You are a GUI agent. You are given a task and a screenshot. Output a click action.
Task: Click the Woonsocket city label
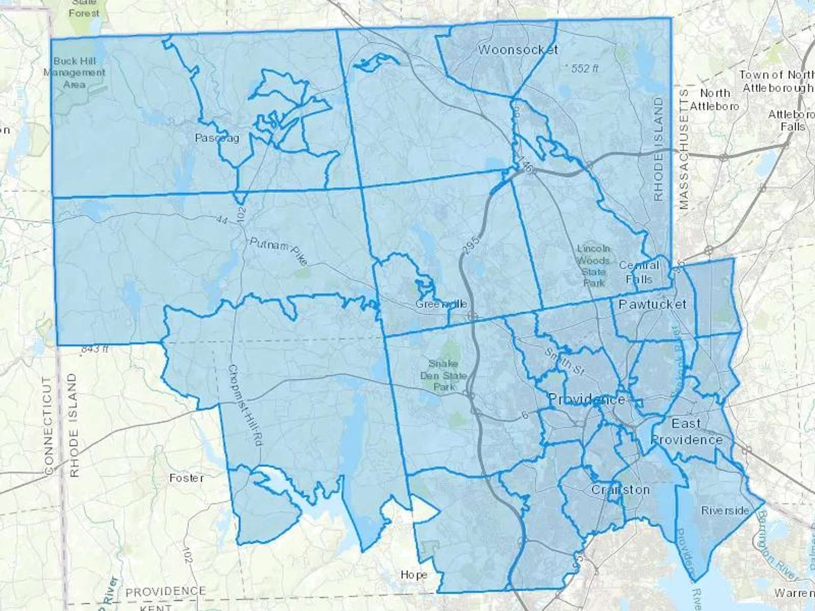pyautogui.click(x=518, y=49)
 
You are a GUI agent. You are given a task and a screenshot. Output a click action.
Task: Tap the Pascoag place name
pyautogui.click(x=217, y=138)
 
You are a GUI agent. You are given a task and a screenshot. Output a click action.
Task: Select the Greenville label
pyautogui.click(x=441, y=304)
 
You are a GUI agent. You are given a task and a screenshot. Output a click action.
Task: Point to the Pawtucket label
pyautogui.click(x=652, y=304)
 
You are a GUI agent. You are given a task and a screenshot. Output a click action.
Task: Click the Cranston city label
pyautogui.click(x=620, y=490)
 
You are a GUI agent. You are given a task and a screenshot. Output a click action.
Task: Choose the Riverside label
pyautogui.click(x=725, y=511)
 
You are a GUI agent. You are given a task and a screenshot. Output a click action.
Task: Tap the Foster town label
pyautogui.click(x=186, y=478)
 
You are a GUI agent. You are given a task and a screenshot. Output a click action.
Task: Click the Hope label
pyautogui.click(x=413, y=575)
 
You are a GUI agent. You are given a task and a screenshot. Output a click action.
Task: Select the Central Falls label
pyautogui.click(x=639, y=272)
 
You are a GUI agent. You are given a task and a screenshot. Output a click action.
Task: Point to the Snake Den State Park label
pyautogui.click(x=443, y=375)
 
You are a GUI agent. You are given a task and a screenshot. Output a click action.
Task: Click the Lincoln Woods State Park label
pyautogui.click(x=594, y=266)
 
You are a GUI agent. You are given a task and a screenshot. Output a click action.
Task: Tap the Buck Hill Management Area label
pyautogui.click(x=74, y=72)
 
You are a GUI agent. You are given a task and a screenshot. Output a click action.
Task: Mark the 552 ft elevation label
pyautogui.click(x=585, y=68)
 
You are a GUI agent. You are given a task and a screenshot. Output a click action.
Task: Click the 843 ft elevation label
pyautogui.click(x=95, y=349)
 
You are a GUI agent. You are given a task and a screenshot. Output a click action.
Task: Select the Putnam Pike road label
pyautogui.click(x=278, y=251)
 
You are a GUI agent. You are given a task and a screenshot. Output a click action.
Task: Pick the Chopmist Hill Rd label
pyautogui.click(x=245, y=406)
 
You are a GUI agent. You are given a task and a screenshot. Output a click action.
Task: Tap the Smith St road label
pyautogui.click(x=564, y=361)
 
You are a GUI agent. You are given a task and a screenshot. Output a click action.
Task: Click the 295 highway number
pyautogui.click(x=471, y=244)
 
